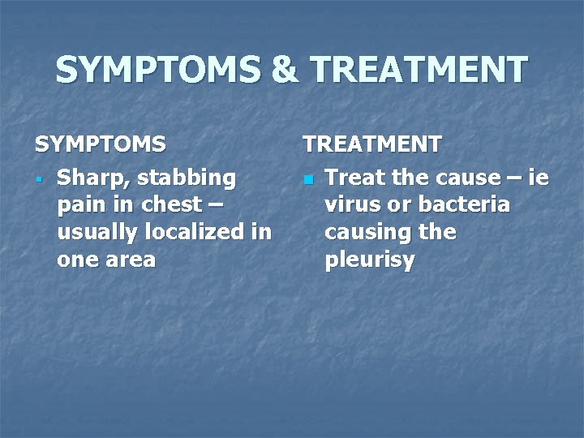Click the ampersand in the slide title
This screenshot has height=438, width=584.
(286, 71)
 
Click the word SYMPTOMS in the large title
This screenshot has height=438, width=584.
(159, 71)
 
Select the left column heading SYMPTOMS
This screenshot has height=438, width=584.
(100, 144)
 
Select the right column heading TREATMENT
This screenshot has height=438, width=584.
(372, 144)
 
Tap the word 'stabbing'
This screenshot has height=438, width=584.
(187, 177)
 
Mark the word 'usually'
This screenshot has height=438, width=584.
(95, 232)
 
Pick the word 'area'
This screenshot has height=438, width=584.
(131, 260)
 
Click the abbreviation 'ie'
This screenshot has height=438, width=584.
(538, 177)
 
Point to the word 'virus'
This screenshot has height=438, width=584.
(351, 204)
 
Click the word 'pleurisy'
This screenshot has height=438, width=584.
(369, 260)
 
